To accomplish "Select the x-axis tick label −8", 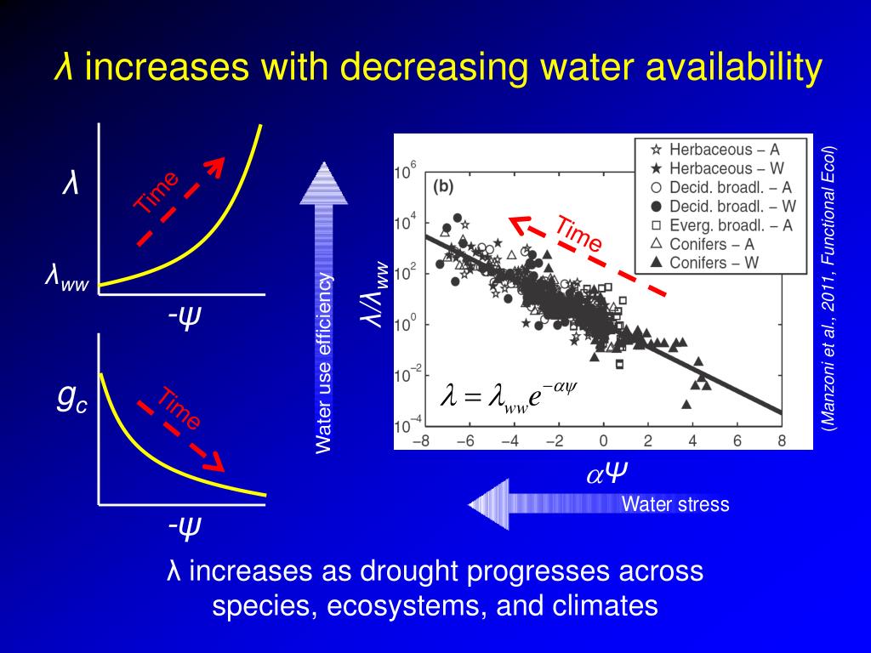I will tap(420, 441).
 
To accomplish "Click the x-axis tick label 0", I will tap(603, 441).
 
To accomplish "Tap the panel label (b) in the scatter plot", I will tap(444, 186).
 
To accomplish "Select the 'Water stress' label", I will tap(675, 504).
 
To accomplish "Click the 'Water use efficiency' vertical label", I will tap(323, 363).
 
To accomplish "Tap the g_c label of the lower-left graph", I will tap(71, 400).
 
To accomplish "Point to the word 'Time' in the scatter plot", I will tap(579, 234).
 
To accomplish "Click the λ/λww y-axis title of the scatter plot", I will tap(376, 293).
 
